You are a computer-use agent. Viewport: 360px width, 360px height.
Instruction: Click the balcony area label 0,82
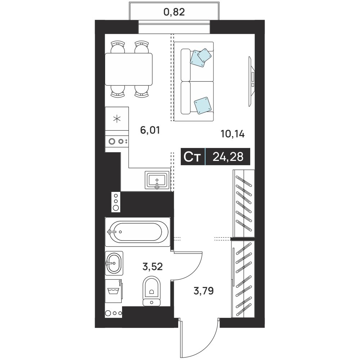(174, 12)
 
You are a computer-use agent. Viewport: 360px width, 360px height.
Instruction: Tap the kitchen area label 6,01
(150, 130)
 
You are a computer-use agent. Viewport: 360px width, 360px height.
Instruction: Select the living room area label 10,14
(233, 134)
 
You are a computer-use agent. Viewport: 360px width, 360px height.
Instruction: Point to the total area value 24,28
(228, 157)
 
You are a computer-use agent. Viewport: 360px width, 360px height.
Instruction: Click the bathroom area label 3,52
(153, 266)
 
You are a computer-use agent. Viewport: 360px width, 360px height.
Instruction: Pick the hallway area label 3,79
(204, 291)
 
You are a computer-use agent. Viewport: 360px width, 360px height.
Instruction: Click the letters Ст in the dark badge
(192, 157)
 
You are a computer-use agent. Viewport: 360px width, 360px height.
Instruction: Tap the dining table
(129, 69)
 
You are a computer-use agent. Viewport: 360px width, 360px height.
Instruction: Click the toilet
(152, 291)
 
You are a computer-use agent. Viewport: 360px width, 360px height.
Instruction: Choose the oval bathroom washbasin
(114, 263)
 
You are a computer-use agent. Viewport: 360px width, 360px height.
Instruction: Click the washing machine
(114, 291)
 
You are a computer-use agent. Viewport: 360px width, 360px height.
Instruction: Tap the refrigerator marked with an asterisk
(117, 119)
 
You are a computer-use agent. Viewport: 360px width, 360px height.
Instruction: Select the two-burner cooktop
(117, 141)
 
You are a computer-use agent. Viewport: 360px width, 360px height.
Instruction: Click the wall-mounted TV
(252, 81)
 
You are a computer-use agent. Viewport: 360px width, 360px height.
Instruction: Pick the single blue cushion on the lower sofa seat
(203, 105)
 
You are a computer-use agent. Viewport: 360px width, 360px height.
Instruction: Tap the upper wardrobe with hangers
(244, 203)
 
